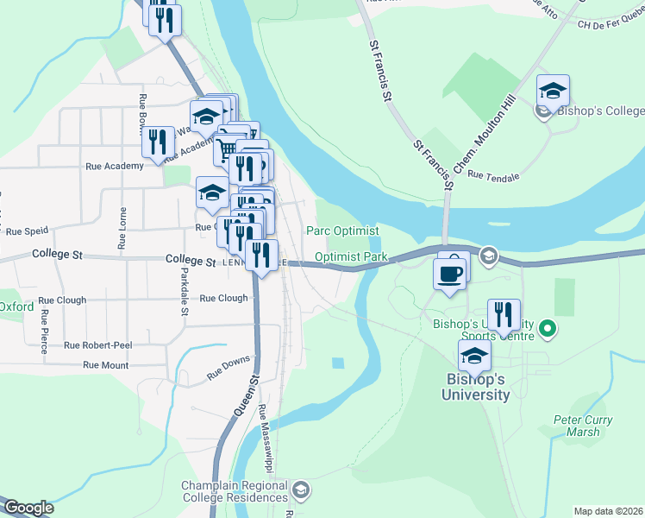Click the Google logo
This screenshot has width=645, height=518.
(x=28, y=508)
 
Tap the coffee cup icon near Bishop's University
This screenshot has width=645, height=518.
(x=448, y=275)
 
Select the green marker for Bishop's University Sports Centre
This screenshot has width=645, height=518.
(x=547, y=328)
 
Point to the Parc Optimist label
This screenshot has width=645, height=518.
(x=342, y=231)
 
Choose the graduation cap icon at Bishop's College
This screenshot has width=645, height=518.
(x=553, y=92)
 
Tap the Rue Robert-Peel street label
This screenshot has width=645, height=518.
(x=97, y=345)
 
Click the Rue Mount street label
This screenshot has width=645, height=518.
(x=105, y=365)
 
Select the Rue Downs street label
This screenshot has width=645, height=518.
(x=229, y=368)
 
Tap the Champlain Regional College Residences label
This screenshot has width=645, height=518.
(x=235, y=491)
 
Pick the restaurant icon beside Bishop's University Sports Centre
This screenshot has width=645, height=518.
(x=504, y=317)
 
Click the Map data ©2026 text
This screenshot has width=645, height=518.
(x=608, y=511)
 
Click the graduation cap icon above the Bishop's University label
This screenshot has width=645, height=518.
(x=474, y=357)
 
